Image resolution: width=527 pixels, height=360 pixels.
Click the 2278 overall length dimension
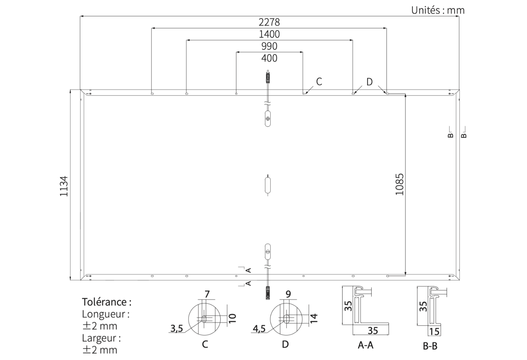(x=269, y=22)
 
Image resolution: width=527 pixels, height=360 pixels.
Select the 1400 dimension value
(x=269, y=34)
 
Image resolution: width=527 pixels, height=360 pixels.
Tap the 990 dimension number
(x=269, y=46)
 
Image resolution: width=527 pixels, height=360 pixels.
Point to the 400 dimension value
(x=269, y=58)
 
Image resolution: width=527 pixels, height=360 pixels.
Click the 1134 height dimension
(x=64, y=186)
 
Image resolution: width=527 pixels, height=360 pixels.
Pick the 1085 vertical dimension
(x=399, y=184)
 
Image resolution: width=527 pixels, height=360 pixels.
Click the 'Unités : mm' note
(x=438, y=10)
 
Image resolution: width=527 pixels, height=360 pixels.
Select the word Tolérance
(x=104, y=302)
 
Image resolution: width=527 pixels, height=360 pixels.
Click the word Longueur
(x=104, y=314)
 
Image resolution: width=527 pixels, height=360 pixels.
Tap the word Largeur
(x=99, y=338)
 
